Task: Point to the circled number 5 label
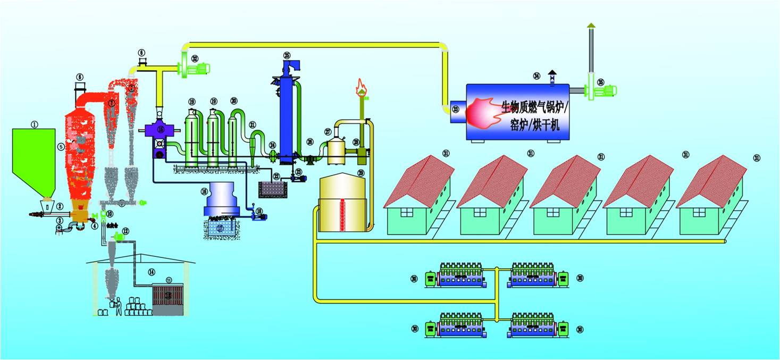coord(61,147)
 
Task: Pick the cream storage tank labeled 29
coord(343,205)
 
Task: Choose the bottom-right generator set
coord(534,325)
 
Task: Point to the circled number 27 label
coord(328,132)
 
